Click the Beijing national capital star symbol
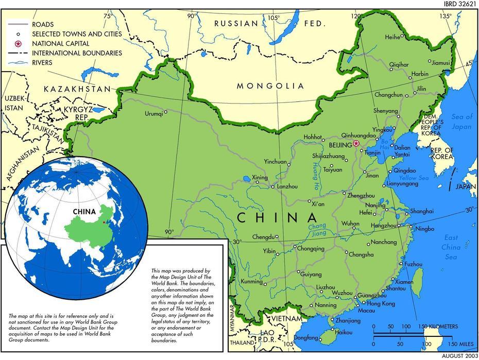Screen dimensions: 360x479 pyautogui.click(x=356, y=144)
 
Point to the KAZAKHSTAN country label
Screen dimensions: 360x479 pyautogui.click(x=77, y=89)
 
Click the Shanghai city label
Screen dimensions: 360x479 pyautogui.click(x=422, y=211)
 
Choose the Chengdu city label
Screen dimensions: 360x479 pyautogui.click(x=263, y=237)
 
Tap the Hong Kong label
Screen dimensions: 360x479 pyautogui.click(x=381, y=304)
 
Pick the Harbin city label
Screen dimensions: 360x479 pyautogui.click(x=420, y=74)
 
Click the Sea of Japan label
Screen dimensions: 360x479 pyautogui.click(x=461, y=121)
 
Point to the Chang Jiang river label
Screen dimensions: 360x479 pyautogui.click(x=317, y=230)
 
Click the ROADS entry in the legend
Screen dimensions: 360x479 pyautogui.click(x=42, y=24)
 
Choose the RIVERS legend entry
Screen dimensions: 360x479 pyautogui.click(x=42, y=63)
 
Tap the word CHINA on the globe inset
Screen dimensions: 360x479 pyautogui.click(x=84, y=211)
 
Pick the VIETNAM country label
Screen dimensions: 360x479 pyautogui.click(x=286, y=319)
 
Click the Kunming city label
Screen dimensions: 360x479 pyautogui.click(x=252, y=282)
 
